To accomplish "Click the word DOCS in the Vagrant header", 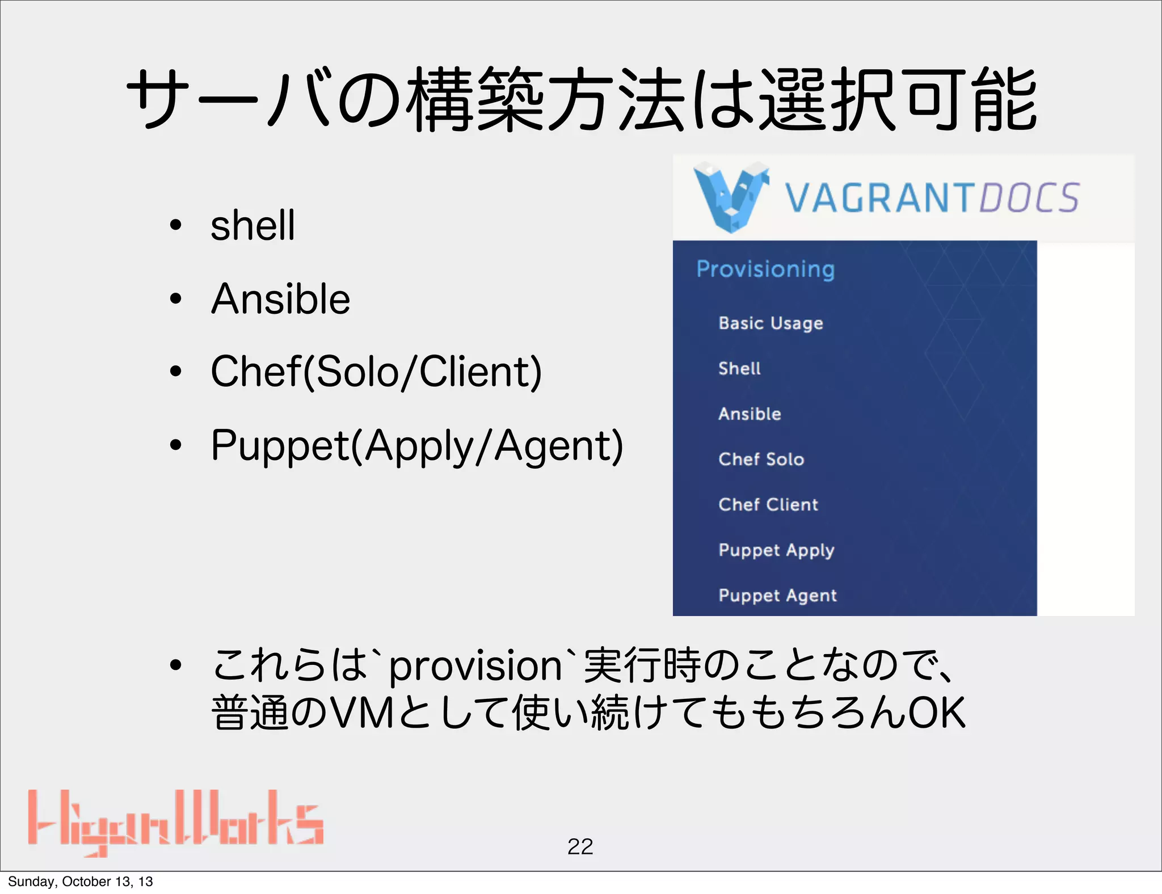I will click(x=1029, y=198).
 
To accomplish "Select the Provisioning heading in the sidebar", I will click(x=765, y=269).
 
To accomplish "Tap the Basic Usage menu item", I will click(x=771, y=323).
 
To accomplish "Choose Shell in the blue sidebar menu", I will click(x=739, y=369).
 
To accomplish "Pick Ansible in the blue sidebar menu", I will click(x=750, y=414).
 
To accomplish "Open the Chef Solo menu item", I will click(x=761, y=459).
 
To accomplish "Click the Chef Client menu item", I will click(x=768, y=505).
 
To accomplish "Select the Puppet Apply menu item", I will click(x=776, y=550).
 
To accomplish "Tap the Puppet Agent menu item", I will click(x=777, y=596).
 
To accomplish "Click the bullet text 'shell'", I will click(x=252, y=225).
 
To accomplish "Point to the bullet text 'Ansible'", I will click(x=280, y=299).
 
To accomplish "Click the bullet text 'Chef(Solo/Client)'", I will click(x=376, y=372).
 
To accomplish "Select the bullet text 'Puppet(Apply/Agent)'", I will click(x=417, y=446).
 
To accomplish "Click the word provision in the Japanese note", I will click(x=475, y=666).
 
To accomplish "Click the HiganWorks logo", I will click(x=176, y=823).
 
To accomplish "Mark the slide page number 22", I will click(x=580, y=847).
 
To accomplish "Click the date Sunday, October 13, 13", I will click(x=81, y=882).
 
